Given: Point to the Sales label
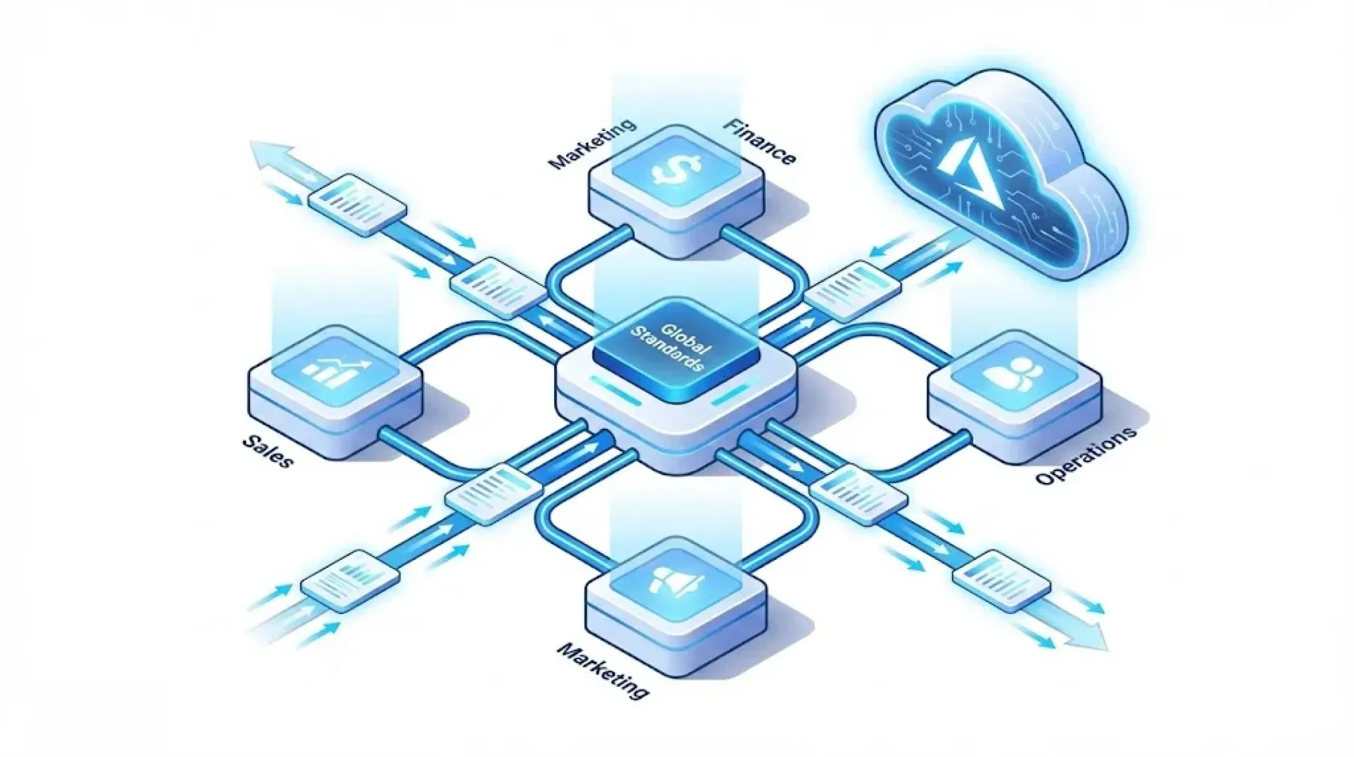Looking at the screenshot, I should point(268,451).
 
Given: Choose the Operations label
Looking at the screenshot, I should point(1086,456).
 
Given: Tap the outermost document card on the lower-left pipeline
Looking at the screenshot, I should point(350,578).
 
